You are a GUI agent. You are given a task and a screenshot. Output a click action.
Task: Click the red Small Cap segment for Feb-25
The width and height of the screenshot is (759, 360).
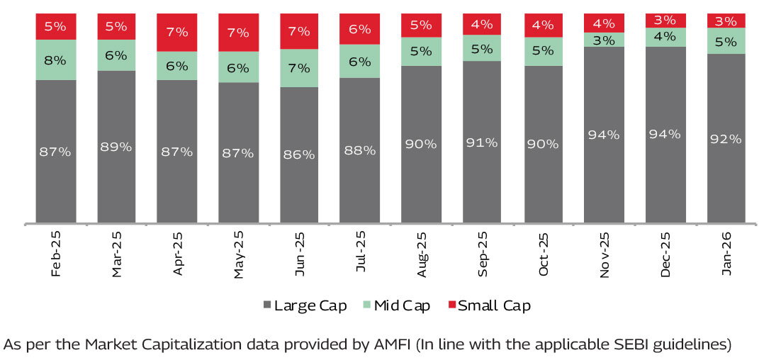(56, 26)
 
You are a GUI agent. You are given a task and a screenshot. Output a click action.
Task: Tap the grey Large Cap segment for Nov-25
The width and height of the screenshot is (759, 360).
(605, 135)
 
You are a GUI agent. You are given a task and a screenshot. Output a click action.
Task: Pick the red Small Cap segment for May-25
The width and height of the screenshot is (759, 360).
(239, 32)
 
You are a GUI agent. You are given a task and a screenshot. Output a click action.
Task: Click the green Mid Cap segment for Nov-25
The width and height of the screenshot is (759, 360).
(605, 40)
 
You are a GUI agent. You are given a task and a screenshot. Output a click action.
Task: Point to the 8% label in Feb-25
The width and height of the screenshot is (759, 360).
(55, 60)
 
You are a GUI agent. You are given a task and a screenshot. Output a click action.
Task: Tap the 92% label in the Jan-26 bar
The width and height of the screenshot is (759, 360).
(726, 139)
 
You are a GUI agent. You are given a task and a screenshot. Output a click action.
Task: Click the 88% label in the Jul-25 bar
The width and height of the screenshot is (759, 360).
(359, 150)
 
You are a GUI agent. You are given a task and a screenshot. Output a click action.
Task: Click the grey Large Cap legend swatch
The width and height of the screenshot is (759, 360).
(266, 305)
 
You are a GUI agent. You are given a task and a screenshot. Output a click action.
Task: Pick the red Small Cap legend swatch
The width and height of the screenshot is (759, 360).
(451, 305)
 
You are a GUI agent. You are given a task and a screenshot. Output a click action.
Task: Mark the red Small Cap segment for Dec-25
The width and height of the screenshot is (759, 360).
(665, 20)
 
